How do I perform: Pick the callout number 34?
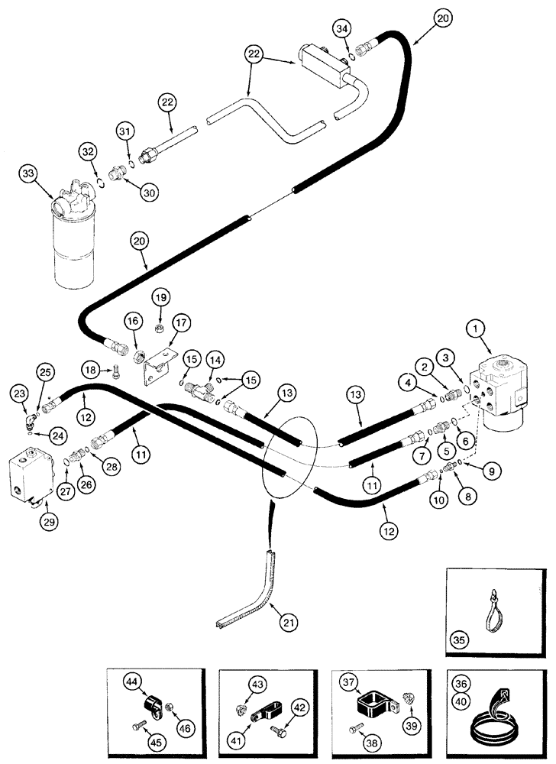[342, 30]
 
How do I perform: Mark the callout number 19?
[159, 296]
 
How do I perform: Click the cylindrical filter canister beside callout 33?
[74, 244]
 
